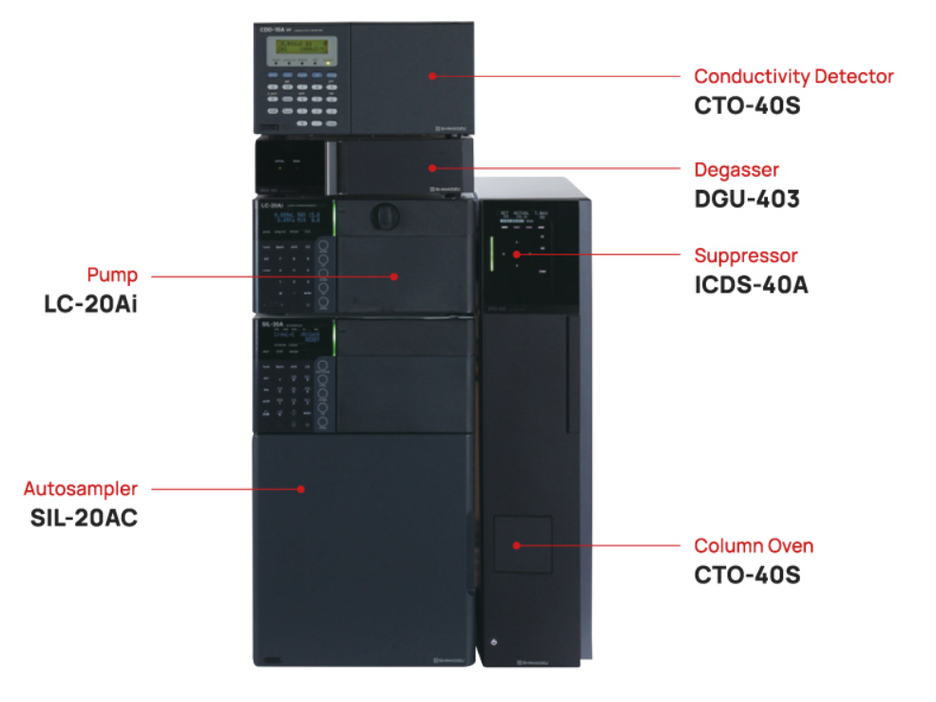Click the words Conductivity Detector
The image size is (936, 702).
point(793,76)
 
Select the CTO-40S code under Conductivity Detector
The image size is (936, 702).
point(747,105)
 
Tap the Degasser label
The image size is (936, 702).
point(736,170)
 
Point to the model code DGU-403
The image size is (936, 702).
point(747,199)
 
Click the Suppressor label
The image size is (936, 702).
point(746,256)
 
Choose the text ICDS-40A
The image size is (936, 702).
point(752,285)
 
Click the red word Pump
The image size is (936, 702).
point(112,275)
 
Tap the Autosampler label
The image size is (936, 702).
point(81,489)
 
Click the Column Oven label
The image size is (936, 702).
point(754,546)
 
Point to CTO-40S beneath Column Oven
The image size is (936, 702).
point(747,576)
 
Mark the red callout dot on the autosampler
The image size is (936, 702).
point(300,489)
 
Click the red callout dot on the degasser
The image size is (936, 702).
point(431,168)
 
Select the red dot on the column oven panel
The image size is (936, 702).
point(516,545)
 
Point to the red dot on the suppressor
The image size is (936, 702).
point(516,255)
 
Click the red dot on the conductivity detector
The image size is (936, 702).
point(431,75)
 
